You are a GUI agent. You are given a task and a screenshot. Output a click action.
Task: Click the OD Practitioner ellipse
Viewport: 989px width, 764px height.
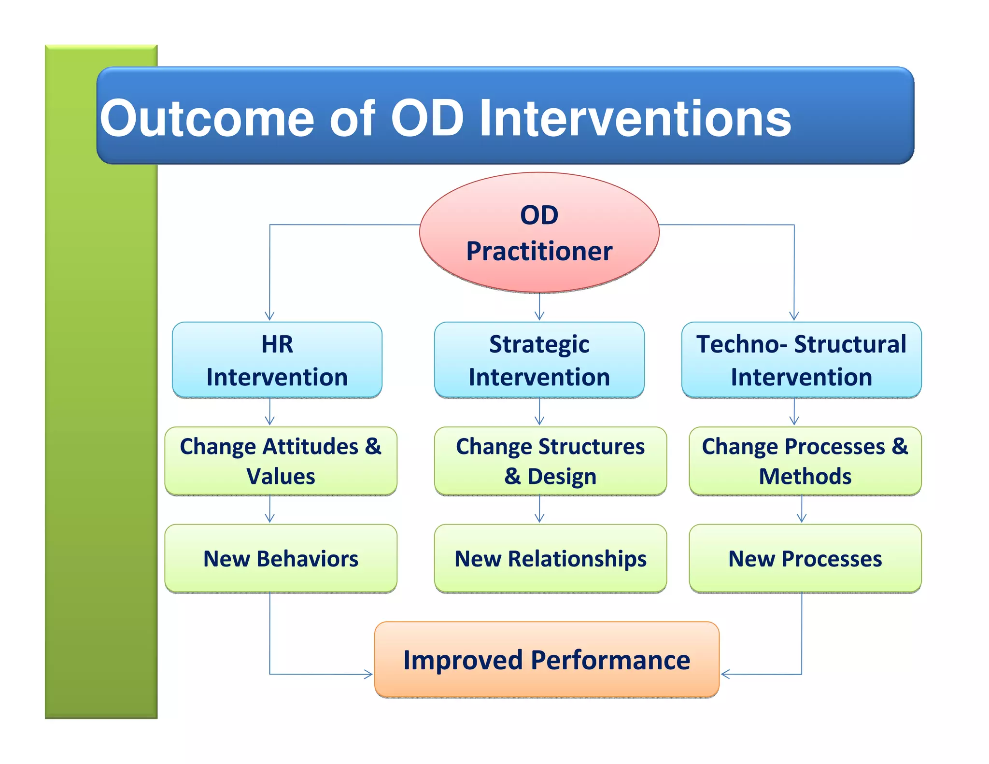[539, 232]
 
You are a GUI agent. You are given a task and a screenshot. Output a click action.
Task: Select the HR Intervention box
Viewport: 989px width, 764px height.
[277, 360]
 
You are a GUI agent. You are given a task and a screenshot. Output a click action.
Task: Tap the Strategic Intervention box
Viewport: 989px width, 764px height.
[539, 360]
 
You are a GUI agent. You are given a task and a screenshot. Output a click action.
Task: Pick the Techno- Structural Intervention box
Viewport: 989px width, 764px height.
[801, 360]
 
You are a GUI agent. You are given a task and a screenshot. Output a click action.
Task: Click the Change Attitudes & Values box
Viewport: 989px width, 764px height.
[281, 461]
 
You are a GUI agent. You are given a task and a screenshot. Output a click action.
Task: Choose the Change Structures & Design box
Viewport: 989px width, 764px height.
[550, 461]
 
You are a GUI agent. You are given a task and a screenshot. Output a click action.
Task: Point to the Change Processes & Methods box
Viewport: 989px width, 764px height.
[805, 461]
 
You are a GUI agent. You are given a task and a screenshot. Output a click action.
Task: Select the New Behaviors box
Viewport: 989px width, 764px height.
[281, 558]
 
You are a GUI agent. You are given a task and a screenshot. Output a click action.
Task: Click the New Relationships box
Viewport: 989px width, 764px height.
[550, 558]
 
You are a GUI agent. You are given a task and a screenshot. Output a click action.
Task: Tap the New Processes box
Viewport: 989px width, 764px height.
[805, 558]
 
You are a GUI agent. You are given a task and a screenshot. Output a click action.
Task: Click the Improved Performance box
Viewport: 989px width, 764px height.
[547, 660]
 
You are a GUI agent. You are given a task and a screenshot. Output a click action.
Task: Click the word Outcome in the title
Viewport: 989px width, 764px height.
[207, 118]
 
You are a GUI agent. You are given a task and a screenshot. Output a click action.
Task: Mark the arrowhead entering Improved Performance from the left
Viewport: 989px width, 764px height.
[369, 674]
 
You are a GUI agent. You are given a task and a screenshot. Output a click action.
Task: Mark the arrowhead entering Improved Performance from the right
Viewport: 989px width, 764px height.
[725, 674]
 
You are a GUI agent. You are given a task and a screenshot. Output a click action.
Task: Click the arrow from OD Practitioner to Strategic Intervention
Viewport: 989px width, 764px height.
[539, 307]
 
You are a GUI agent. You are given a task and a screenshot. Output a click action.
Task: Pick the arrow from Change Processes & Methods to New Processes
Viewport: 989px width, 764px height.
[802, 509]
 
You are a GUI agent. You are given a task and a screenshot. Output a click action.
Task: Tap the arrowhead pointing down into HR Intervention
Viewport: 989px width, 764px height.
[270, 317]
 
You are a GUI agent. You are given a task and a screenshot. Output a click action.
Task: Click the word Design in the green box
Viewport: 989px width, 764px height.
[562, 477]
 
